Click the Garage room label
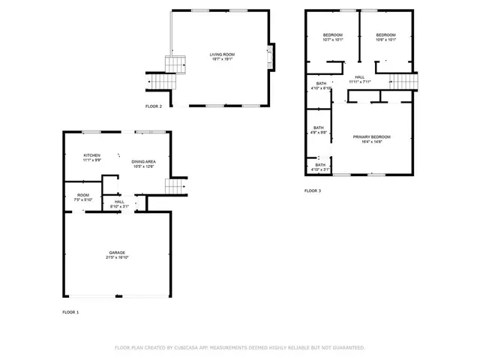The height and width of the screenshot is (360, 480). point(117,254)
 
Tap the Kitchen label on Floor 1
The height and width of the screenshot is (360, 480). point(91,157)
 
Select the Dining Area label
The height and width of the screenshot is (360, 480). point(143,163)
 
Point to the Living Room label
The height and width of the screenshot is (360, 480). point(222,56)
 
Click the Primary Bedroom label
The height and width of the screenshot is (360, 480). point(372,139)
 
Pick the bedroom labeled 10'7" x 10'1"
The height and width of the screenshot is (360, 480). point(333,37)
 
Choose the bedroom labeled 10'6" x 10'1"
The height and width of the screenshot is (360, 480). point(385,37)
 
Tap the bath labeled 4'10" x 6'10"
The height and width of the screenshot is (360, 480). point(321,85)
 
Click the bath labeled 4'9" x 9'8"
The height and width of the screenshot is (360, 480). point(319,130)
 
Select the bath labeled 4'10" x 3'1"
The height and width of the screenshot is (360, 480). point(320,167)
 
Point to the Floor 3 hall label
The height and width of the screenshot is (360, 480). point(360,79)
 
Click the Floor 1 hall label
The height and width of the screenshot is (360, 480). point(119,204)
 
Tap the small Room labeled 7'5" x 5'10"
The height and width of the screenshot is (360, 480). point(82,197)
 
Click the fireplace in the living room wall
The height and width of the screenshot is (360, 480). point(271,58)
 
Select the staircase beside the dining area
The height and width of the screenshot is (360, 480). point(175,186)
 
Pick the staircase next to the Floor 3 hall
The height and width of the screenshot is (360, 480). point(403,80)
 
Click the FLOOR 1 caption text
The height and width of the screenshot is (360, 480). point(70,311)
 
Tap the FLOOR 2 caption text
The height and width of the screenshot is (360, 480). point(154,106)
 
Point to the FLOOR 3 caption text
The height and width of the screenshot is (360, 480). point(313,191)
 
